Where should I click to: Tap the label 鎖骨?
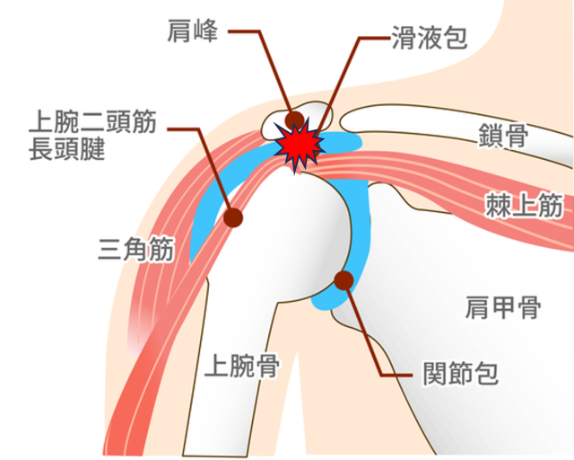(502, 137)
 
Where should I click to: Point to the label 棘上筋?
(524, 206)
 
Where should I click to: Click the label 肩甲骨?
(503, 308)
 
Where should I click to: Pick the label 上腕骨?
(240, 365)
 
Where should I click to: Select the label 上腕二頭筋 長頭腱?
(90, 135)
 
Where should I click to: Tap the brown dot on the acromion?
(295, 119)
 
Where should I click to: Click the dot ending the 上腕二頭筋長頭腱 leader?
(235, 217)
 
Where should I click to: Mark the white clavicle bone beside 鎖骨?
(430, 121)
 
